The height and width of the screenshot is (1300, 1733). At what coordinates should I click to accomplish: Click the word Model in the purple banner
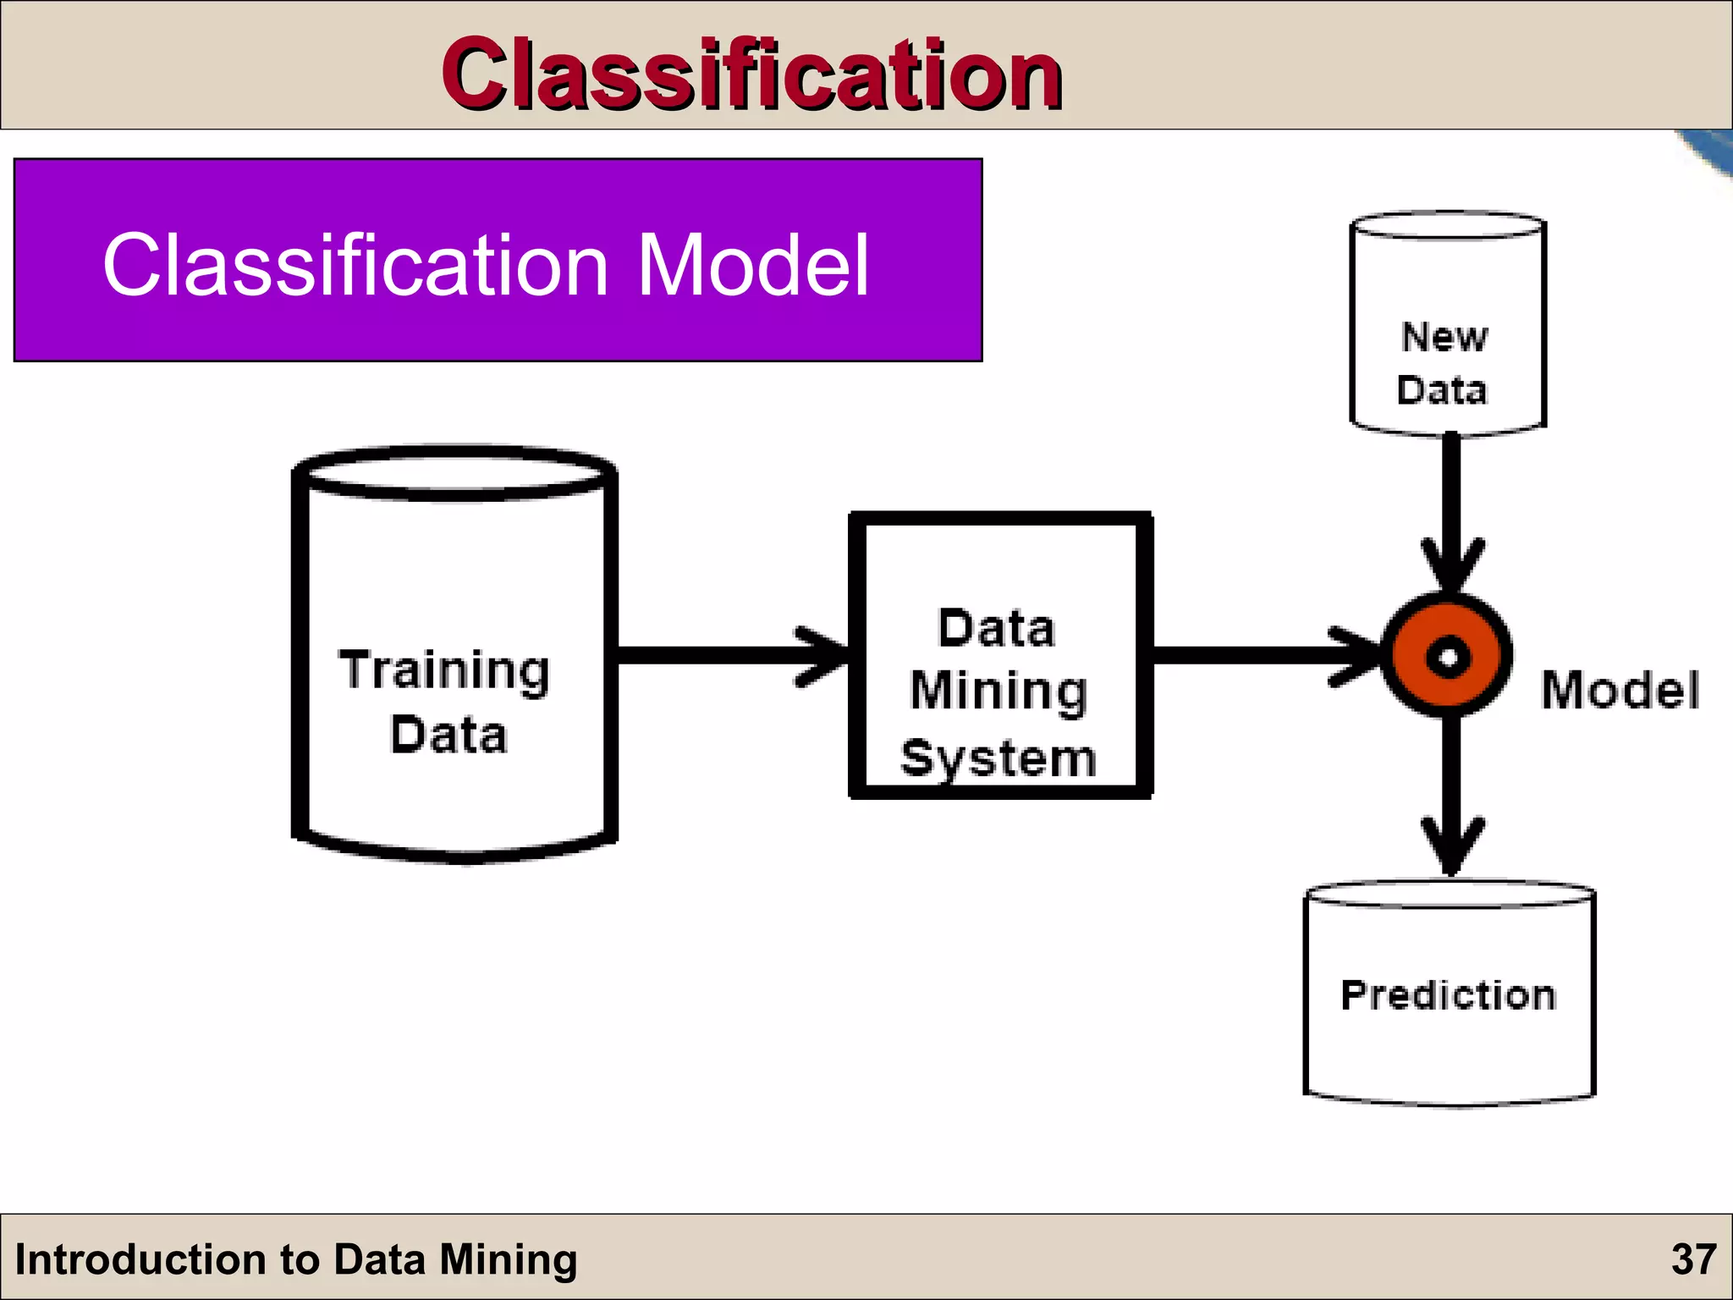(x=752, y=266)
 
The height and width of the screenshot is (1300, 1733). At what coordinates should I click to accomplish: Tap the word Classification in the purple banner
(x=355, y=266)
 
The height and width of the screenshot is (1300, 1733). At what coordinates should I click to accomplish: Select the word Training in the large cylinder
(x=444, y=670)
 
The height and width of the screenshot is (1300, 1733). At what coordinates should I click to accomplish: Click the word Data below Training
(x=448, y=735)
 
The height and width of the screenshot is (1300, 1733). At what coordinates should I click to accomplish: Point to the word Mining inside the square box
(x=999, y=691)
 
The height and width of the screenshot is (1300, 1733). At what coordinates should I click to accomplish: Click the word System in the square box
(x=999, y=757)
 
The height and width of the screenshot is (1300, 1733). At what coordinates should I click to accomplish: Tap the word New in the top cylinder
(x=1444, y=337)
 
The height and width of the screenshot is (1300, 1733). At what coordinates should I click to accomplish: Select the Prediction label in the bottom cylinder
(x=1448, y=994)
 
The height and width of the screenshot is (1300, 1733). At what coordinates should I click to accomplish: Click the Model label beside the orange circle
(x=1620, y=690)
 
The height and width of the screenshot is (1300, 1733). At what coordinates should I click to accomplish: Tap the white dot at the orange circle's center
(x=1448, y=657)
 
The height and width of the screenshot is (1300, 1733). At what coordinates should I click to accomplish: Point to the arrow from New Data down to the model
(x=1451, y=508)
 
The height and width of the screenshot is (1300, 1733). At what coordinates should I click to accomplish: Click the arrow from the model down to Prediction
(x=1451, y=796)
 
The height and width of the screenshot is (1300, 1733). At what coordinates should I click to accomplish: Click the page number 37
(x=1693, y=1259)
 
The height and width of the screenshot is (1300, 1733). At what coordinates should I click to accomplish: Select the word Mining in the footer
(x=508, y=1259)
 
